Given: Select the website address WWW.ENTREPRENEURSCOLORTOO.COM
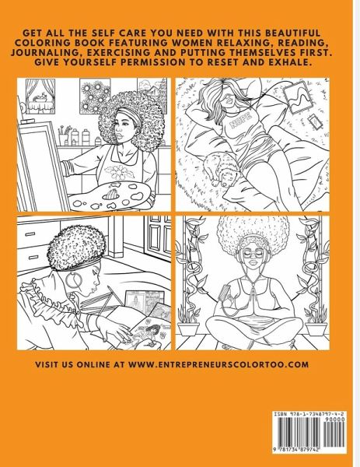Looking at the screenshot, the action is [218, 364].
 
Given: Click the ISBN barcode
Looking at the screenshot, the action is [309, 435].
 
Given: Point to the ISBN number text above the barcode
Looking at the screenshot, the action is [309, 414].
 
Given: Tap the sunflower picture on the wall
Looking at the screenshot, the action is [95, 96].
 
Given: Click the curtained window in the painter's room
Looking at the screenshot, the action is [40, 96].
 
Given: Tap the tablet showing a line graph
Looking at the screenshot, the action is [296, 97].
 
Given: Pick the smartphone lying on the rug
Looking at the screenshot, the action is [315, 122].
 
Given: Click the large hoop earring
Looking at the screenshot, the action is [73, 280].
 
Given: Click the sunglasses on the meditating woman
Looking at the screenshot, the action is [253, 254].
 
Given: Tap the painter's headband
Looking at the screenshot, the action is [131, 114].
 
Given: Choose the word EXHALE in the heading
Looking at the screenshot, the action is [290, 62].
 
